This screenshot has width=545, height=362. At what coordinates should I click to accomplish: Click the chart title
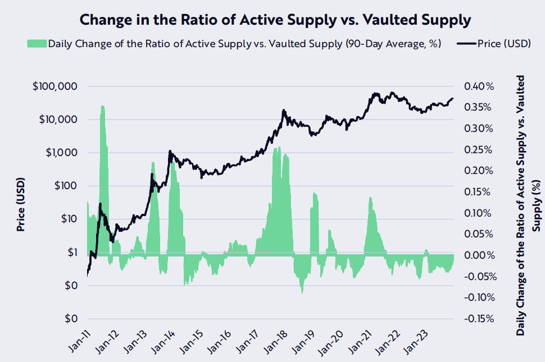tap(275, 20)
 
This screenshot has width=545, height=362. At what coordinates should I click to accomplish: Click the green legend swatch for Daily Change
tap(37, 44)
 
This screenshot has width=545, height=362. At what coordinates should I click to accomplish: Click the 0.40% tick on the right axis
tap(479, 87)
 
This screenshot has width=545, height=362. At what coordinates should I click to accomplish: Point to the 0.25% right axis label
tap(479, 150)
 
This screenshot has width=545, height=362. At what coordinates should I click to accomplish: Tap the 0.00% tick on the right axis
tap(479, 255)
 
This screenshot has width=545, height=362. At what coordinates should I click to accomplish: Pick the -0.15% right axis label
tap(478, 319)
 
